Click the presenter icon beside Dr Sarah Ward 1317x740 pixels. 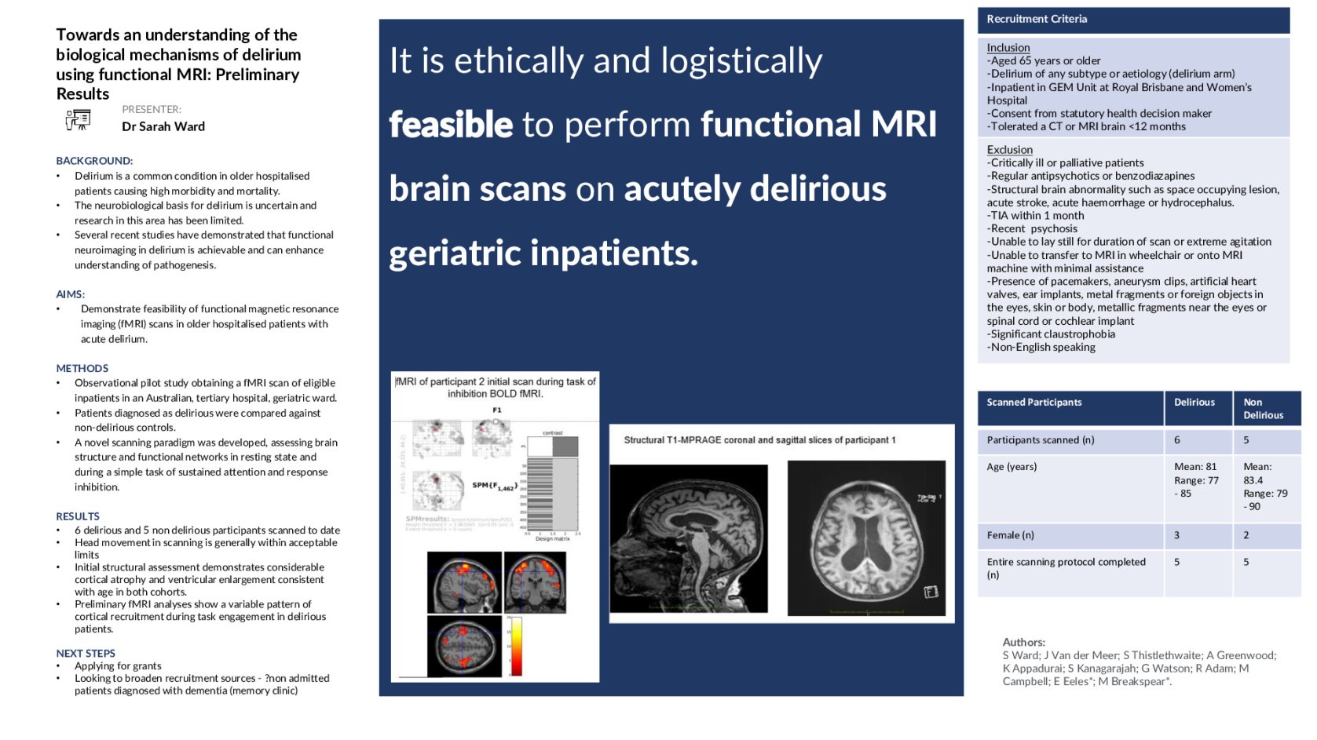(78, 120)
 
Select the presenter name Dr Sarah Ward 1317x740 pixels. (163, 126)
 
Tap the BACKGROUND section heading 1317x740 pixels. (94, 161)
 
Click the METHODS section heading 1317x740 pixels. (82, 368)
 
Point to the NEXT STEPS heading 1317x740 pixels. (86, 653)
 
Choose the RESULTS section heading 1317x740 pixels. (78, 516)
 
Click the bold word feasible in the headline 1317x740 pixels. (451, 125)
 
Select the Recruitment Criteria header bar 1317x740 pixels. (1132, 20)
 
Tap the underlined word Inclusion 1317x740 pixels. (1008, 48)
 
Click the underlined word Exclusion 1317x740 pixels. (1009, 150)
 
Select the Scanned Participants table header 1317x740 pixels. (1033, 403)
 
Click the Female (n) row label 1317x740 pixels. (1010, 535)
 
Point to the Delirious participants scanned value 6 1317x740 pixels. (1176, 440)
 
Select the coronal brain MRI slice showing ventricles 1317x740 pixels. (866, 538)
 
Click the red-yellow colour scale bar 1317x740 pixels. (516, 647)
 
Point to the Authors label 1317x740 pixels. (1023, 642)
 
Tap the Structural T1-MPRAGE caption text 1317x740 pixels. (759, 440)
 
